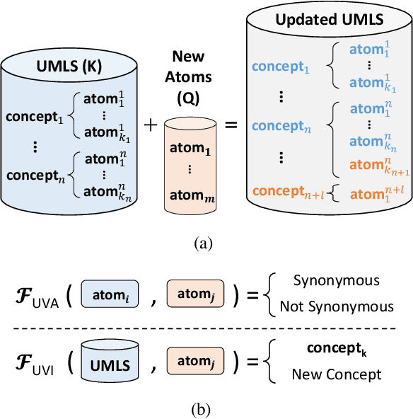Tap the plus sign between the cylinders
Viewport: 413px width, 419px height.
tap(151, 125)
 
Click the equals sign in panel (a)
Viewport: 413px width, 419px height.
tap(231, 125)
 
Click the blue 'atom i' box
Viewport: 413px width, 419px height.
tap(108, 294)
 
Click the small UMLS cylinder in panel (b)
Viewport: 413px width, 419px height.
tap(108, 362)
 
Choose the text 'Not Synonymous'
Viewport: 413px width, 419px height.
tap(336, 306)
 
